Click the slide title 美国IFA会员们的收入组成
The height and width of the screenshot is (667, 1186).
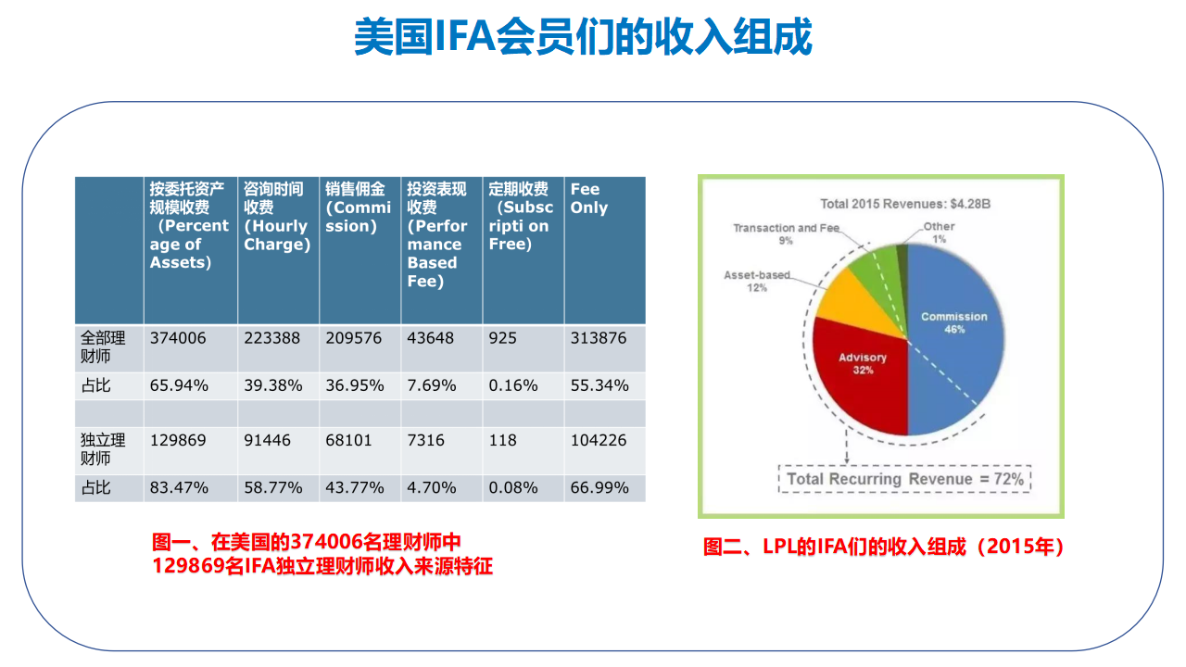pyautogui.click(x=583, y=36)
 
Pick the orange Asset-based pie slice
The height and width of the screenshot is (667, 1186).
pyautogui.click(x=855, y=305)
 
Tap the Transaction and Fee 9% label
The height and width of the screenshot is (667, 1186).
pyautogui.click(x=787, y=234)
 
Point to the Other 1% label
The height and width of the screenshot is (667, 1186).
pyautogui.click(x=939, y=233)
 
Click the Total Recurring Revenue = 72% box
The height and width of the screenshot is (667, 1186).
pyautogui.click(x=905, y=479)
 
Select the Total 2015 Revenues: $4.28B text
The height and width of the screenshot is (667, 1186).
pyautogui.click(x=905, y=204)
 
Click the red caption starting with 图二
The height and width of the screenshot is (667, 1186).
pyautogui.click(x=884, y=547)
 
